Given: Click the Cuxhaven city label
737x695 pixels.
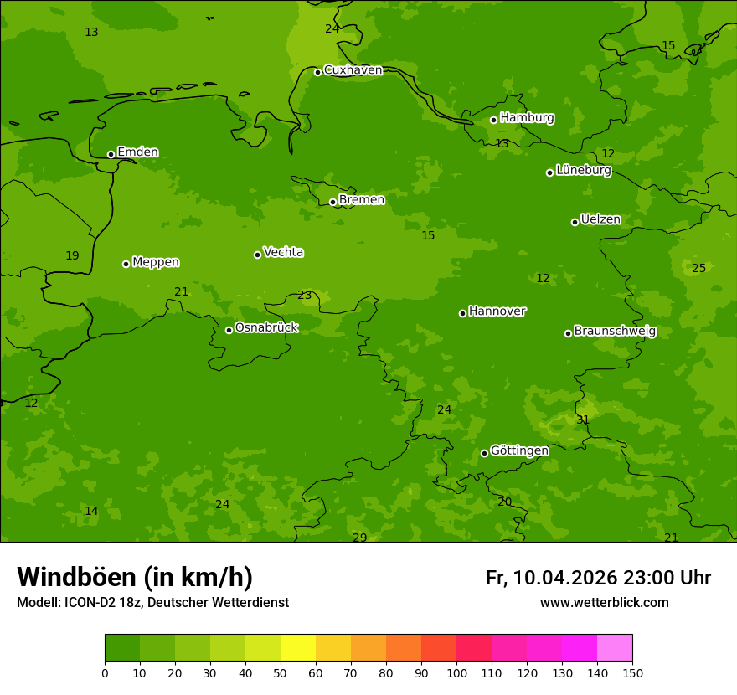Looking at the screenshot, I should (353, 70).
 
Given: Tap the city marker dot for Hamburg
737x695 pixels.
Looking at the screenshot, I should (493, 120).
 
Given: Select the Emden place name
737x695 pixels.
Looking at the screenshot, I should (137, 152).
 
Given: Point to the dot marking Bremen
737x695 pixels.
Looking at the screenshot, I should (332, 202).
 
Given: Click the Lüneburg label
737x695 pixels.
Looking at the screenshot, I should (583, 171).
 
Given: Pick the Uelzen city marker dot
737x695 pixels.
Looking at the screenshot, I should (575, 222).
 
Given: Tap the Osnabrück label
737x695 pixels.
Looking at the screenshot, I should (266, 328).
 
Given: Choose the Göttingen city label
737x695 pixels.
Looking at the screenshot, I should (519, 451).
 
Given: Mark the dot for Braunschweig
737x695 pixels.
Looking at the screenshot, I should (568, 333).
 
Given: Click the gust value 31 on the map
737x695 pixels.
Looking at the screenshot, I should (583, 420).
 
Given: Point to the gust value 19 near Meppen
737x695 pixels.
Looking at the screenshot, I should (72, 256).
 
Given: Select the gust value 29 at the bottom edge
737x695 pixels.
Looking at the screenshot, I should (359, 538).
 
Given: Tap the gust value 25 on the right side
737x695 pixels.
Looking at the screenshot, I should (698, 269).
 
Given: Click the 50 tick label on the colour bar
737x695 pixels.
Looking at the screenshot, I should (281, 672).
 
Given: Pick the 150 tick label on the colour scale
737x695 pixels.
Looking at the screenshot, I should (632, 672).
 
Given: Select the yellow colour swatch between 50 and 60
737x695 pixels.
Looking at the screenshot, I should (298, 648).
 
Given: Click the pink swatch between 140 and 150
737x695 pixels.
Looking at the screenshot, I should (615, 648).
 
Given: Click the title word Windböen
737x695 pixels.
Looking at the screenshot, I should (76, 578).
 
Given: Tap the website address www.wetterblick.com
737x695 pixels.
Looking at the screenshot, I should (604, 603).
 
